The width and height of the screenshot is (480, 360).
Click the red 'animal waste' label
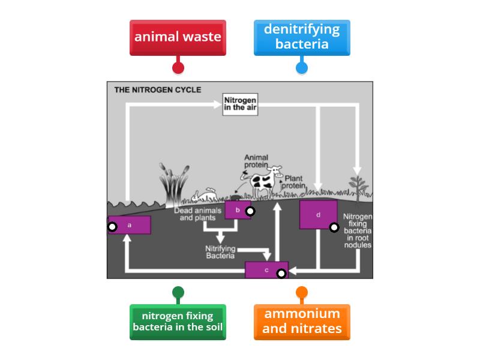[x=178, y=37]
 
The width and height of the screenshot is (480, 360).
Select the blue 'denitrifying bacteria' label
[x=301, y=37]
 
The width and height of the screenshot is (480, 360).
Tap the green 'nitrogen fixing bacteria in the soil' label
[x=178, y=322]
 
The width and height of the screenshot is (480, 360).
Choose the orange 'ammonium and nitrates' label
[x=301, y=322]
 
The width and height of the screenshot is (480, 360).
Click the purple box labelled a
[x=130, y=225]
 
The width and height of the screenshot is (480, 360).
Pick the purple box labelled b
[x=238, y=210]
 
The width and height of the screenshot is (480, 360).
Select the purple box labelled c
[x=266, y=270]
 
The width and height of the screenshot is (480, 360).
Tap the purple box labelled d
[x=318, y=214]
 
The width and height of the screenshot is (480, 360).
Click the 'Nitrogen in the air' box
[x=240, y=104]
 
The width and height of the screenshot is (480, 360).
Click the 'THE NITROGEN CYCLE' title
[x=157, y=90]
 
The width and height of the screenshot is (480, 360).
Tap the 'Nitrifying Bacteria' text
[x=220, y=252]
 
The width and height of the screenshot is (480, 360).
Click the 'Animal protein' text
[x=256, y=161]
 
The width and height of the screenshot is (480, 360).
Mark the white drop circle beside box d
[x=334, y=227]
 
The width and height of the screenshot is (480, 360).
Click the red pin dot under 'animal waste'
[x=178, y=68]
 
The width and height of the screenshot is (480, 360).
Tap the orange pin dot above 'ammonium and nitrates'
[x=301, y=293]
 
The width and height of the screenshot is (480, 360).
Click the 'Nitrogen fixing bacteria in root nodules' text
[x=358, y=230]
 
